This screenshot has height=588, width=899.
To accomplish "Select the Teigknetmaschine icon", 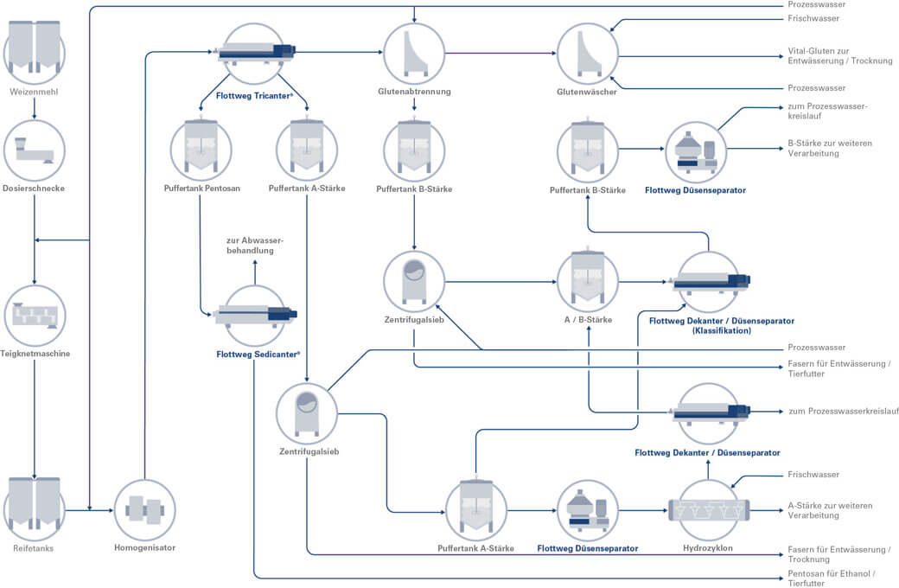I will (x=34, y=316).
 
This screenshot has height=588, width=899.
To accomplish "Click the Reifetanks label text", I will (x=34, y=547).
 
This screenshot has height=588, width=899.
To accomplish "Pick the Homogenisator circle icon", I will (x=144, y=510).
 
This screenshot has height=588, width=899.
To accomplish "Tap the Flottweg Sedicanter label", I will (x=258, y=354).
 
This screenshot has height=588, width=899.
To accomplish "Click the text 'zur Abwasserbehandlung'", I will (x=254, y=245).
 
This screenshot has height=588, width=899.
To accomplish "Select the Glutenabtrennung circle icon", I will (x=414, y=52).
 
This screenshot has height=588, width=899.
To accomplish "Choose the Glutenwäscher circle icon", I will (x=587, y=52).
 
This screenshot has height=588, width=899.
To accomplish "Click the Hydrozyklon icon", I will (x=709, y=510).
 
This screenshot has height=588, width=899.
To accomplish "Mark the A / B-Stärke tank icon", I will (x=588, y=281).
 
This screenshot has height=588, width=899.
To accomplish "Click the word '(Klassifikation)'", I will (x=720, y=331).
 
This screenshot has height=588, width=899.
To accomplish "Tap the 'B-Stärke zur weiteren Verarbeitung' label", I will (x=826, y=148).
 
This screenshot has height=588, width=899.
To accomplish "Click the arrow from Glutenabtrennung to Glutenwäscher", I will (x=501, y=53).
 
